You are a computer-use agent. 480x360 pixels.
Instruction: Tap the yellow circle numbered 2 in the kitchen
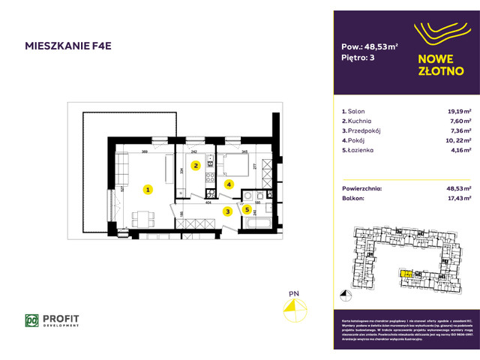[x=196, y=166]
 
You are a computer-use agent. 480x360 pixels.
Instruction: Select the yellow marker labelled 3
[x=227, y=211]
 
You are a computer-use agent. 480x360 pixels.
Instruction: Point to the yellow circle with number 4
[x=228, y=183]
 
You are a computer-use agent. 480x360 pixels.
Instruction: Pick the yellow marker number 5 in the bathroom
[x=247, y=210]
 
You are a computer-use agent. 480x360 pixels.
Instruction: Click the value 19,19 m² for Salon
[x=457, y=110]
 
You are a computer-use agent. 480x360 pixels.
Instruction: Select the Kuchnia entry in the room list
[x=360, y=120]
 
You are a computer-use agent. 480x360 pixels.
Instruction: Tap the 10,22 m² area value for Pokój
[x=456, y=139]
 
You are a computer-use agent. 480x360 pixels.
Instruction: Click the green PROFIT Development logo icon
[x=31, y=320]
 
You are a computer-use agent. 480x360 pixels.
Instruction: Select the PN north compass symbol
[x=294, y=309]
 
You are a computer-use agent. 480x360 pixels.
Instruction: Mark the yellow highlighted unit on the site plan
[x=405, y=274]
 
